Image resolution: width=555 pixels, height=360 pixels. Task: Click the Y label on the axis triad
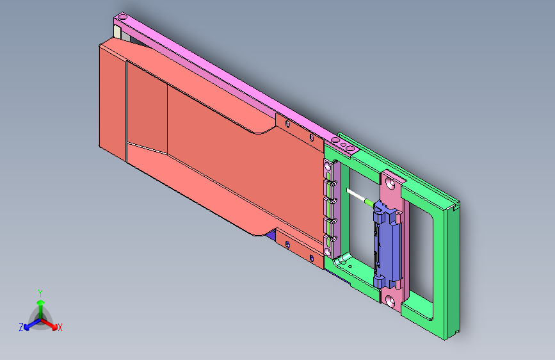click(40, 293)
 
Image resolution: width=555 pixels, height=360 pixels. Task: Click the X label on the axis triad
click(60, 328)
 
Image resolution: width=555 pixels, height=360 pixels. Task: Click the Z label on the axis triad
click(21, 327)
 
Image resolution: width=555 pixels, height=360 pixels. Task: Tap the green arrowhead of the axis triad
click(41, 303)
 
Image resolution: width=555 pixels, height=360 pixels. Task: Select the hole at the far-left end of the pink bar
click(122, 17)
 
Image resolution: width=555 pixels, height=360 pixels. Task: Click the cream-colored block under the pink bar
click(117, 32)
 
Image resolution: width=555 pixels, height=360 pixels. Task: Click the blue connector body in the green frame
click(387, 245)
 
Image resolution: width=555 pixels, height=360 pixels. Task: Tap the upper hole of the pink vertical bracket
click(391, 183)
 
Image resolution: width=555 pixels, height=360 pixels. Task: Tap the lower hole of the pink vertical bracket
click(390, 302)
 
